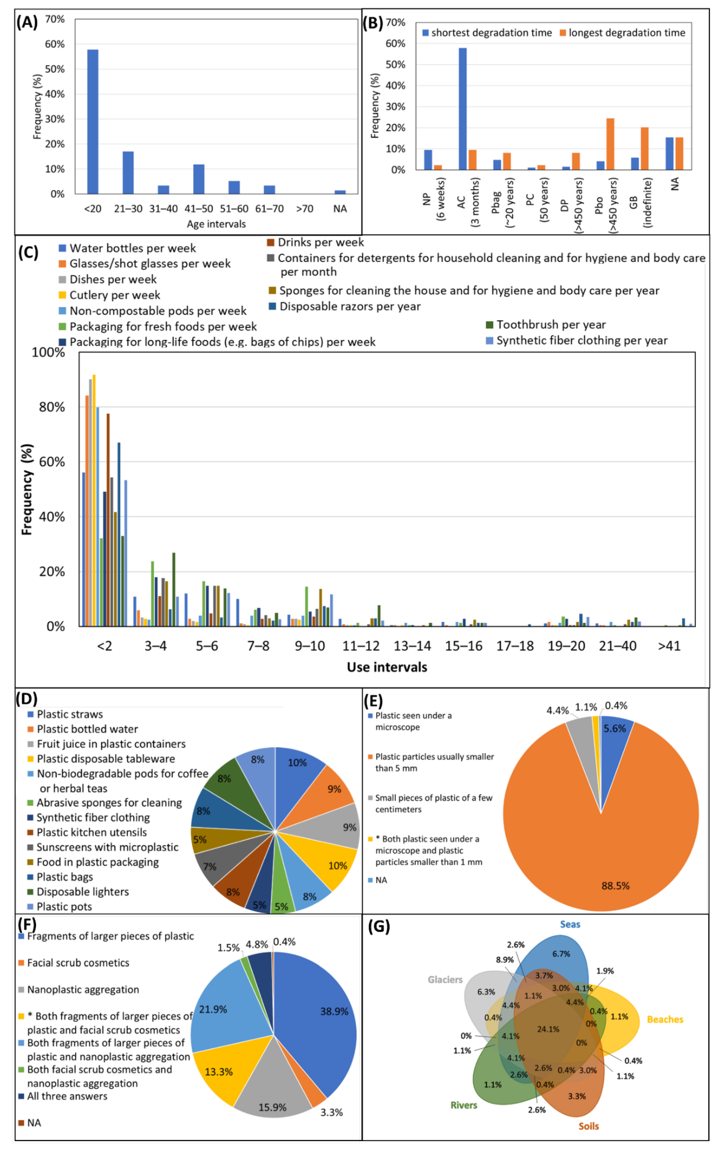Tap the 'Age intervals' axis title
pos(216,224)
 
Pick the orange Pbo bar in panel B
pos(610,144)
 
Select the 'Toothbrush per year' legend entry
pos(551,325)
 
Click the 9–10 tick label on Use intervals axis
pos(310,646)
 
